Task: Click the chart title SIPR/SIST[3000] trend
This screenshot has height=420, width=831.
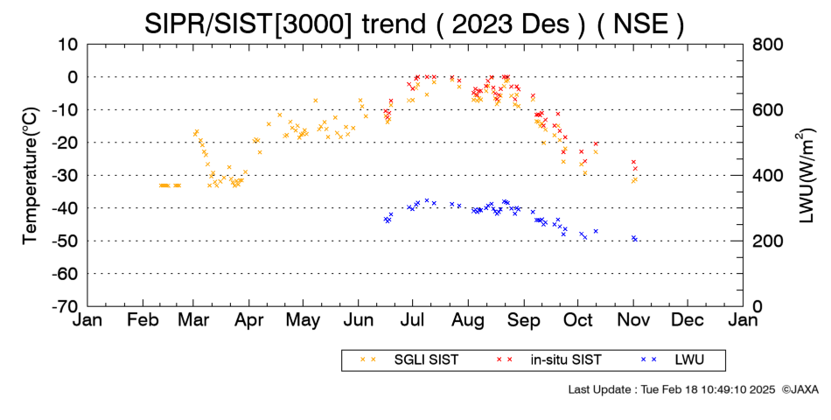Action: tap(286, 24)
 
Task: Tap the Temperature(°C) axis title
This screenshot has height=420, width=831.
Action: tap(31, 176)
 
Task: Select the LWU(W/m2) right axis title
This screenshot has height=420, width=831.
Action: tap(805, 176)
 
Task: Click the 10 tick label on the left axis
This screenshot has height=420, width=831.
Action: tap(67, 45)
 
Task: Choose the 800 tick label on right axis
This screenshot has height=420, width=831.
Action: tap(768, 45)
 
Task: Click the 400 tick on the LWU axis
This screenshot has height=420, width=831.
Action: tap(768, 176)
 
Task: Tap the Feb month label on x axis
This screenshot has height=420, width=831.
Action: tap(143, 320)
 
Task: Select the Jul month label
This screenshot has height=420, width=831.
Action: tap(412, 320)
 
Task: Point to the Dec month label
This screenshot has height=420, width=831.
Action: tap(688, 320)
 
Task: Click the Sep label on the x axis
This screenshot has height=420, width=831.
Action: tap(524, 320)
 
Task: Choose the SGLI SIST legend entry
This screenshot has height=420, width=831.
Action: tap(426, 360)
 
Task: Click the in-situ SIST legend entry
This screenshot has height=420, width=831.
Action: tap(566, 360)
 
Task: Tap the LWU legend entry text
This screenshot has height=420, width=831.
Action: tap(689, 360)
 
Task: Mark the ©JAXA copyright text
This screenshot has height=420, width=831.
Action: tap(800, 389)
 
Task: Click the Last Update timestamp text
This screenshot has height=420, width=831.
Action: tap(672, 389)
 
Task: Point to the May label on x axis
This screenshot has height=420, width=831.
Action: tap(304, 320)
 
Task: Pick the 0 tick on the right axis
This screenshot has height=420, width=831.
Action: tap(758, 306)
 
